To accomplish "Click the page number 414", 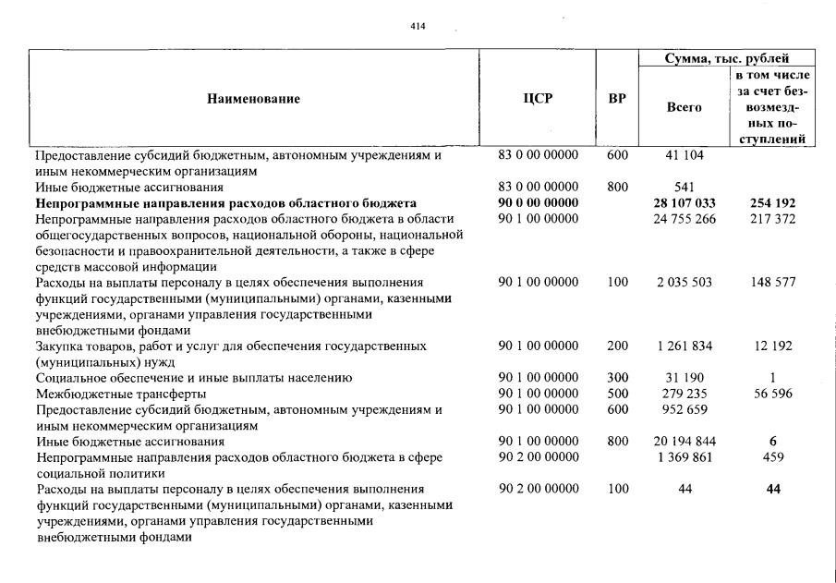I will click(x=418, y=26).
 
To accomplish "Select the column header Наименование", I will click(x=253, y=99).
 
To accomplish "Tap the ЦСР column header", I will click(x=538, y=99).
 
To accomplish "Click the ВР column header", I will click(x=617, y=99).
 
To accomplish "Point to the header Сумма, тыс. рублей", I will click(x=727, y=58).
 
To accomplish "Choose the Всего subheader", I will click(x=685, y=107).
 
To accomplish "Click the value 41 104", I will click(x=685, y=156).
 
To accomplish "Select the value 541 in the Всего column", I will click(x=685, y=187).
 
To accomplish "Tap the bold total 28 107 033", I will click(x=685, y=202).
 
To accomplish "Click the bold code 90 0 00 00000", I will click(x=539, y=202).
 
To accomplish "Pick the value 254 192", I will click(x=772, y=202).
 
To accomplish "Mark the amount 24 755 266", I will click(x=685, y=218).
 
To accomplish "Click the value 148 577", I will click(x=772, y=282).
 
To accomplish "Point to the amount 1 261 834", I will click(x=685, y=346).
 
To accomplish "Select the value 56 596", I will click(x=772, y=394).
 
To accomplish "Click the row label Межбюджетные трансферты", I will click(x=108, y=394).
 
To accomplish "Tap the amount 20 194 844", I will click(x=685, y=442).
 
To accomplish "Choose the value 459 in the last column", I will click(x=772, y=457).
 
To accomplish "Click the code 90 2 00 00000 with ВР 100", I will click(x=539, y=489).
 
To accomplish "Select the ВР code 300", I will click(x=617, y=378).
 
